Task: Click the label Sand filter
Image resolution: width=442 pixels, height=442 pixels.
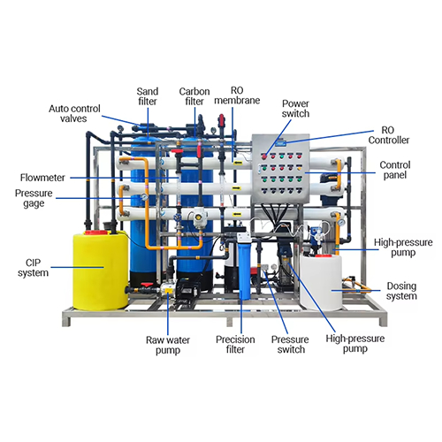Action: pyautogui.click(x=148, y=96)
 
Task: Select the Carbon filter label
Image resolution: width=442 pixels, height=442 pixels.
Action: pyautogui.click(x=194, y=96)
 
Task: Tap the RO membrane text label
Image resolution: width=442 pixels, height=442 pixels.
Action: pyautogui.click(x=237, y=95)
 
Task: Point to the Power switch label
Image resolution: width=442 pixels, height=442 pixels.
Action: pyautogui.click(x=295, y=109)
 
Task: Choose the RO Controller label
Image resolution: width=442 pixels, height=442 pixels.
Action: pyautogui.click(x=389, y=135)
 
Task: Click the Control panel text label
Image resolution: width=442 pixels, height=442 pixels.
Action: pyautogui.click(x=395, y=170)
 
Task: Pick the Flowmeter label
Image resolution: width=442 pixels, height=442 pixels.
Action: pyautogui.click(x=42, y=178)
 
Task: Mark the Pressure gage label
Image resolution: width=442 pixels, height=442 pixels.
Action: pyautogui.click(x=34, y=198)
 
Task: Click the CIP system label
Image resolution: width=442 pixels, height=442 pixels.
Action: pyautogui.click(x=33, y=268)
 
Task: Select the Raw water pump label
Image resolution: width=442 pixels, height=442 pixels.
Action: pyautogui.click(x=168, y=345)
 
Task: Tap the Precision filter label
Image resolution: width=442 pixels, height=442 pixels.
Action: pyautogui.click(x=235, y=345)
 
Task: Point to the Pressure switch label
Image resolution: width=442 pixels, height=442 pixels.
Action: pyautogui.click(x=290, y=345)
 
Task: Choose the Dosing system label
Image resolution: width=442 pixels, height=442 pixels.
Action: pyautogui.click(x=401, y=291)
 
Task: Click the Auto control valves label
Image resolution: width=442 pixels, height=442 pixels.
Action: pyautogui.click(x=74, y=113)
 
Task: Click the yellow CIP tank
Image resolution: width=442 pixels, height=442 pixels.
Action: pyautogui.click(x=101, y=271)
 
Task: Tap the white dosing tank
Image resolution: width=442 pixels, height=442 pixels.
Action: pyautogui.click(x=321, y=282)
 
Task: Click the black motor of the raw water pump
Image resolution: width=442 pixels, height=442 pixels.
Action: pyautogui.click(x=188, y=289)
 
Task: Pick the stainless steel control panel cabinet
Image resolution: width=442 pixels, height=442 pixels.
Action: pyautogui.click(x=280, y=169)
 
